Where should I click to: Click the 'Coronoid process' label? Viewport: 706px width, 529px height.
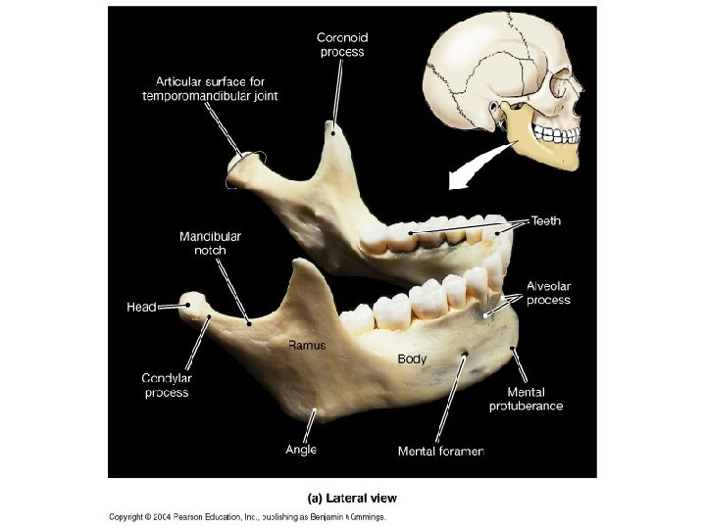pos(342,44)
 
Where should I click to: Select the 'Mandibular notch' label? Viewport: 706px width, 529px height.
pos(210,243)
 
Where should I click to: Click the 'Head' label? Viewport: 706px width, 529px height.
pos(141,307)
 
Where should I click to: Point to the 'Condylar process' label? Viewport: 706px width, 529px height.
pos(166,385)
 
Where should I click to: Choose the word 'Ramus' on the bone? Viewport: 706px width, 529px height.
pos(307,345)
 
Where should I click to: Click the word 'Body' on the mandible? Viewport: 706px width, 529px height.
pos(412,360)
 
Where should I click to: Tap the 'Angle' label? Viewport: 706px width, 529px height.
pos(301,450)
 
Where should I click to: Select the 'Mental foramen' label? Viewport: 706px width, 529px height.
pos(440,452)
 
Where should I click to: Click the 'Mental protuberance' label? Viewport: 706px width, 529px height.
pos(526,399)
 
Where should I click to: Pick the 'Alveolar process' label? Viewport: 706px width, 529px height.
pos(548,293)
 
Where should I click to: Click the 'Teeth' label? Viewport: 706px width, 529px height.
pos(546,221)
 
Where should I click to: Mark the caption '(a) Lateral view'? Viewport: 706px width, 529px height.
pos(352,498)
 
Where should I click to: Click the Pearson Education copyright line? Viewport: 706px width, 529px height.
pos(247,516)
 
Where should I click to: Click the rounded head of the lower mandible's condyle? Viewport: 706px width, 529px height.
pos(195,305)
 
